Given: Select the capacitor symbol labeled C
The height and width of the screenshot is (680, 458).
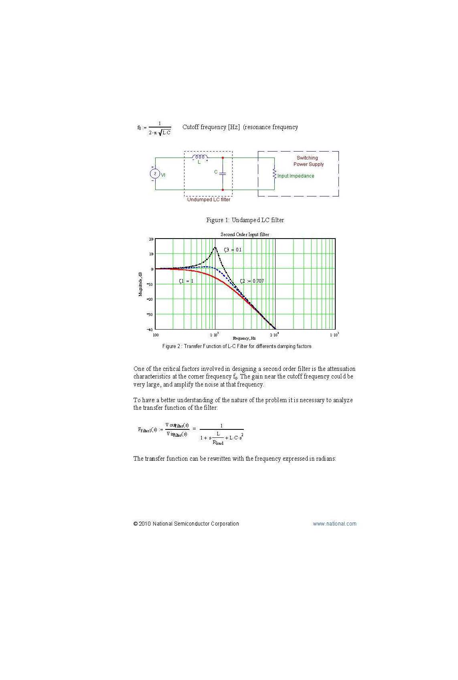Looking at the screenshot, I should [223, 173].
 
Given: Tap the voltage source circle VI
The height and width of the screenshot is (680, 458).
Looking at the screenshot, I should [155, 174].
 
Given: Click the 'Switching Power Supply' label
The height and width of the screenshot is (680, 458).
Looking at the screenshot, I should [308, 161].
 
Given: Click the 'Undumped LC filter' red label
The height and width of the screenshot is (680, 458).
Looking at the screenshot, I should [209, 200].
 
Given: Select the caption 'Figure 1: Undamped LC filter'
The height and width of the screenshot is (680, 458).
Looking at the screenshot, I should [245, 220].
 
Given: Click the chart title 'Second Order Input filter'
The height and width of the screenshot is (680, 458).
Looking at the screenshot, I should [245, 235].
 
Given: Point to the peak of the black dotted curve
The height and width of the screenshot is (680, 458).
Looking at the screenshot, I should [215, 247].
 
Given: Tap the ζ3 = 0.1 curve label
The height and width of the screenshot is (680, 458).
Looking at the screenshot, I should [233, 250].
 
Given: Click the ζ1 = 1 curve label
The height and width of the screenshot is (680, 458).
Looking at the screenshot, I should [186, 281].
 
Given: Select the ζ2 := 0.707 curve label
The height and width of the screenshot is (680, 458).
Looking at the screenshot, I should [252, 281].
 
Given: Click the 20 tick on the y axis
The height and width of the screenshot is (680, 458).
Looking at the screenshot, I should [151, 239].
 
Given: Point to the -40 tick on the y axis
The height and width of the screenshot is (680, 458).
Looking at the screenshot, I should [150, 329].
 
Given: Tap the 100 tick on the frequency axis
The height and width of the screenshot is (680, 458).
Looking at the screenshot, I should [156, 335].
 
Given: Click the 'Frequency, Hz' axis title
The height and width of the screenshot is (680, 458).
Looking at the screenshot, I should [244, 338].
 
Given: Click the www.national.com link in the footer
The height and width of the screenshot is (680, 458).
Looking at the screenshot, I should [334, 524].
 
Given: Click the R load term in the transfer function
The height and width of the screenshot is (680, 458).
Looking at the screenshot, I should [218, 443].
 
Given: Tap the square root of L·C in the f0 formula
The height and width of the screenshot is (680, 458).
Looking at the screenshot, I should [164, 133].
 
